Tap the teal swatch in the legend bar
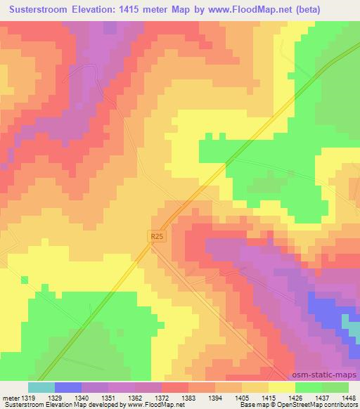pyautogui.click(x=41, y=387)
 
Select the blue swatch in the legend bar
pyautogui.click(x=68, y=387)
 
